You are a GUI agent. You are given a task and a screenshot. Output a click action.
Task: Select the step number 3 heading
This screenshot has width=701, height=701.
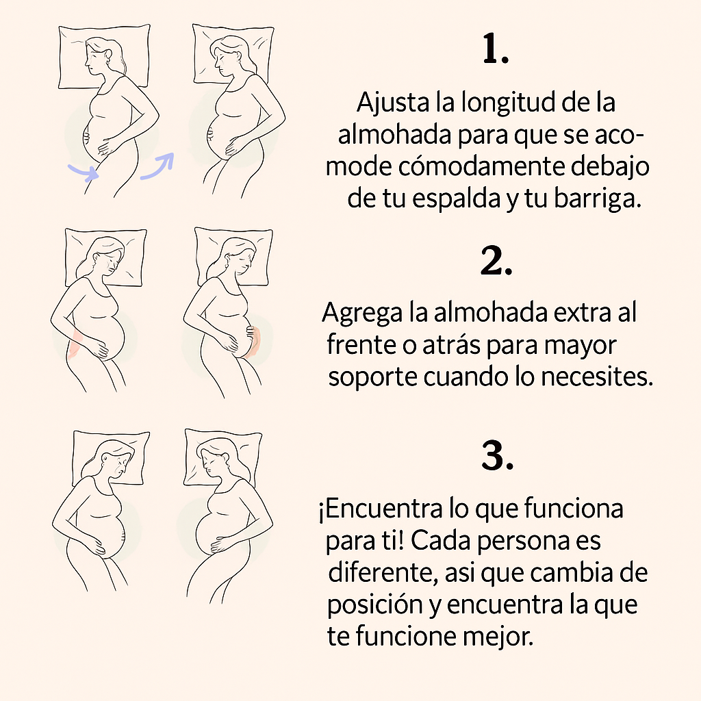point(497,456)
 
